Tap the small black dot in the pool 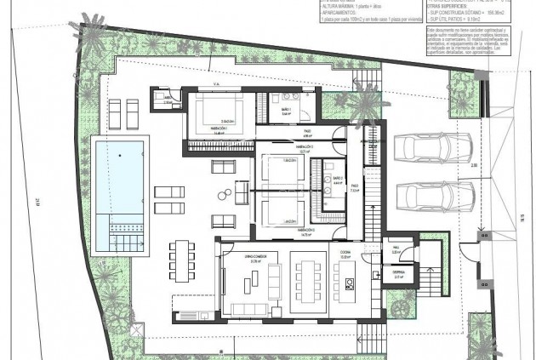point(120,156)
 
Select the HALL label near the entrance point(396,249)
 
